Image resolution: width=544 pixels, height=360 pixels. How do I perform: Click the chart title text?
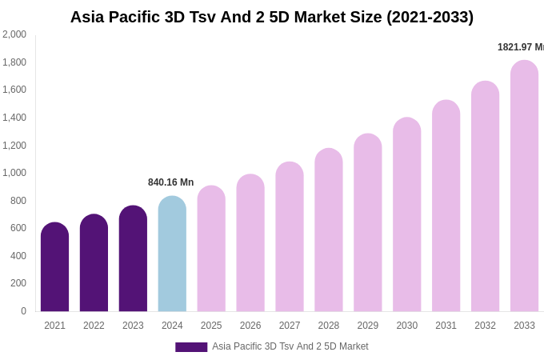272,17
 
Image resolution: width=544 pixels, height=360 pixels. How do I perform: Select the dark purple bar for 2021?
54,268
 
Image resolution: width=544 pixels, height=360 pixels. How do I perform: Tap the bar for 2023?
133,259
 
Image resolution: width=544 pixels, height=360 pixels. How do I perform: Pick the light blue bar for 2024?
172,254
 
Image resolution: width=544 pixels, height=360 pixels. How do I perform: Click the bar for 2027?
290,238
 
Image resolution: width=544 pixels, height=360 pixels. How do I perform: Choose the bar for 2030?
406,215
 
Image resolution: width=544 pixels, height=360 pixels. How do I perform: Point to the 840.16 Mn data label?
170,182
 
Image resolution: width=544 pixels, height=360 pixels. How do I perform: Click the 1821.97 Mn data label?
520,47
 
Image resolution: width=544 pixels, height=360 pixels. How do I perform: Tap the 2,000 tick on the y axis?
14,34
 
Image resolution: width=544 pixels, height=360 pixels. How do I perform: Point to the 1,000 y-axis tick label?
14,173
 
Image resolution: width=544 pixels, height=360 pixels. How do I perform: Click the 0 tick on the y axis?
23,311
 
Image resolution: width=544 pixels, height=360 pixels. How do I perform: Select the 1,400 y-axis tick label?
14,118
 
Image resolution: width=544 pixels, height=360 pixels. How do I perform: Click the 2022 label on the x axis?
94,326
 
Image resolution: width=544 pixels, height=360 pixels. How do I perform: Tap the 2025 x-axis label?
211,326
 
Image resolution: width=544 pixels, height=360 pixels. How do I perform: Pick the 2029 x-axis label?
368,326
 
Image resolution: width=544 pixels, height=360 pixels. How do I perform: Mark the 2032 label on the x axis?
485,326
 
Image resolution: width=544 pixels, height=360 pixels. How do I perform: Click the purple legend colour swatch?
191,347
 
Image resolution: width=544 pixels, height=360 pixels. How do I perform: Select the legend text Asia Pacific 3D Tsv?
290,346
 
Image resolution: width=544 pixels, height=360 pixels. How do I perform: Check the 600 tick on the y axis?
18,228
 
